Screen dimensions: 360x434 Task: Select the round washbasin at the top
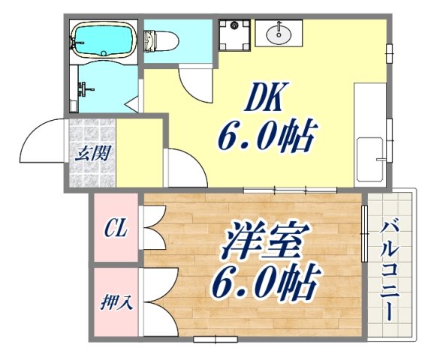(281, 32)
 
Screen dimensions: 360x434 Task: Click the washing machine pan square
(235, 34)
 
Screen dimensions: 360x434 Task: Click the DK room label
(262, 98)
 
